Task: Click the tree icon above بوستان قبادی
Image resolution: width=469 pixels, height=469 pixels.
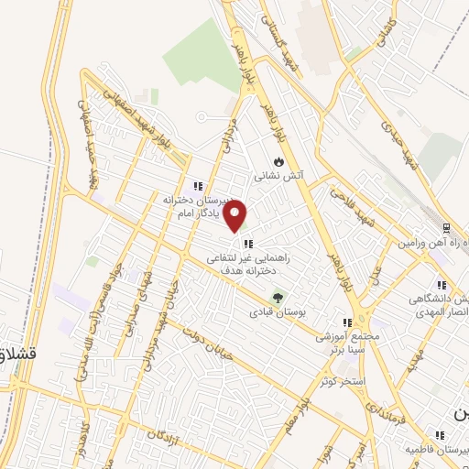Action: (276, 297)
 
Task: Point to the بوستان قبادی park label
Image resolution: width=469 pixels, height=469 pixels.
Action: (276, 312)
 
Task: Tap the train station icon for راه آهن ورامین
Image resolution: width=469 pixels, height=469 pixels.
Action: (446, 227)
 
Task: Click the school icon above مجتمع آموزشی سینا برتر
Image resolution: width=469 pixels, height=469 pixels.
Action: (347, 322)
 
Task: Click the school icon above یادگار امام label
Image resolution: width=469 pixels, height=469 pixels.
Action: (197, 186)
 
